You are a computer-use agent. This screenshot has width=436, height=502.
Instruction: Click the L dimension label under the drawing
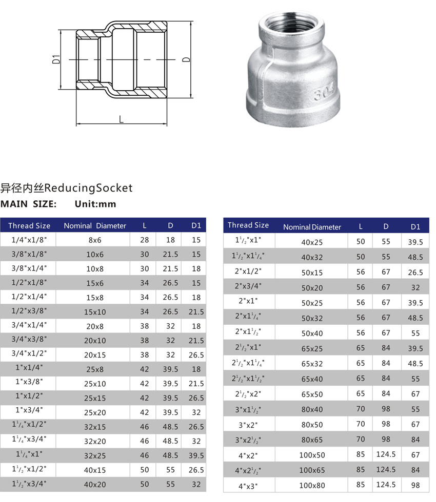click(121, 119)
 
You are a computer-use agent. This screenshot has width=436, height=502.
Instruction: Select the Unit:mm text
click(95, 204)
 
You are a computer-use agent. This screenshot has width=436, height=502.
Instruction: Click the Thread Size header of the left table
click(29, 225)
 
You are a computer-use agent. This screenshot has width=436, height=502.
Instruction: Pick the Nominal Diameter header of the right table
click(312, 227)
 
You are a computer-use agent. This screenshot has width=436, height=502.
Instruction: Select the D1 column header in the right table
click(415, 226)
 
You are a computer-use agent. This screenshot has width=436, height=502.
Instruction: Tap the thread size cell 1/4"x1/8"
click(29, 239)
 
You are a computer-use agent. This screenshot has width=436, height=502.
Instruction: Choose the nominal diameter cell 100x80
click(312, 485)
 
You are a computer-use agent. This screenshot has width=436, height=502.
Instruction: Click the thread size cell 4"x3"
click(249, 485)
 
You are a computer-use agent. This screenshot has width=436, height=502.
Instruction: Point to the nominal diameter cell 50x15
click(312, 273)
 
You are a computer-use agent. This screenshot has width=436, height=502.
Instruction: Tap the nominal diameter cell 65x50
click(312, 394)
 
